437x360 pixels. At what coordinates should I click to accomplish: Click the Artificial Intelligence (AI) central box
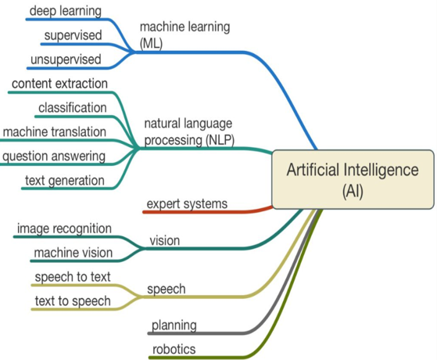353,179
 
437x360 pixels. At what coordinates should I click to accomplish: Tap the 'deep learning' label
66,11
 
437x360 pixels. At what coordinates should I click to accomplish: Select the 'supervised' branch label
73,35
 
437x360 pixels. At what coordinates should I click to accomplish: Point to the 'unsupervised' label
66,59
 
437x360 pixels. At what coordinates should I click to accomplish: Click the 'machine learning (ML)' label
184,35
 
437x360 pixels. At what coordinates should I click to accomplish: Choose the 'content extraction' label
59,84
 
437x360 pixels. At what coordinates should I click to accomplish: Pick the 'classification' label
73,108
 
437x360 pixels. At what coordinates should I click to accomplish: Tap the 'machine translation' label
55,131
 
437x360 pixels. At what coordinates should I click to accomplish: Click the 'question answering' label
54,157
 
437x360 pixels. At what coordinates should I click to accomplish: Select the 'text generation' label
65,181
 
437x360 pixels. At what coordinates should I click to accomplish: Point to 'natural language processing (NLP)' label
189,131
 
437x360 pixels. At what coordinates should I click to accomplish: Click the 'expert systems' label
187,204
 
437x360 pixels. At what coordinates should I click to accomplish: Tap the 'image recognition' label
64,229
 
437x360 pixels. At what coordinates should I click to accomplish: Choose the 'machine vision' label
73,253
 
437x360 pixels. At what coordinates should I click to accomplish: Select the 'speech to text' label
73,277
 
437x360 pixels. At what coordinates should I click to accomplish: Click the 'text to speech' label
73,301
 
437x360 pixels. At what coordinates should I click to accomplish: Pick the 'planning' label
174,326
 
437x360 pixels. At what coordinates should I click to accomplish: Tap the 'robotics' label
174,349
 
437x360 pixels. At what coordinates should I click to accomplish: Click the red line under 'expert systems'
208,212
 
